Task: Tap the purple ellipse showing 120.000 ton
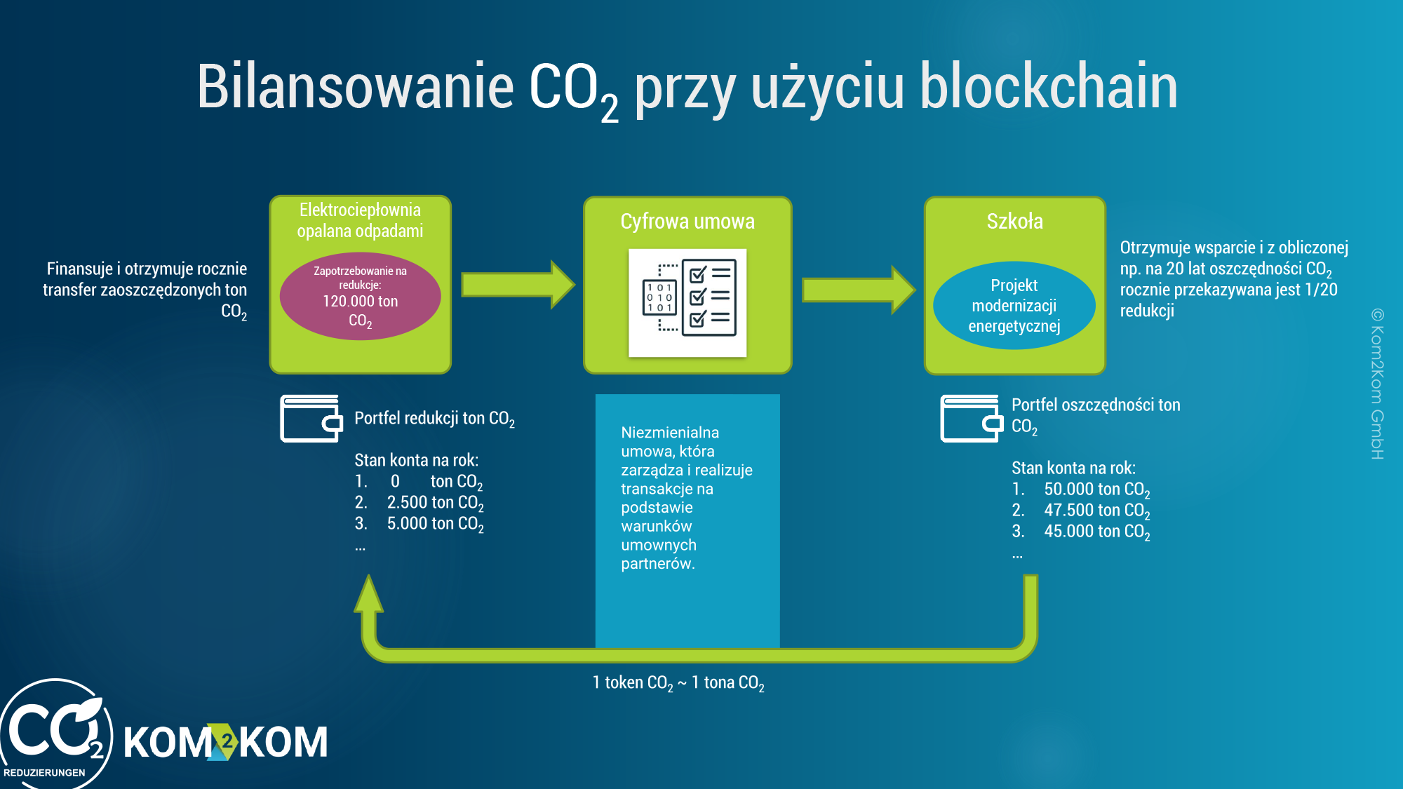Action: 360,297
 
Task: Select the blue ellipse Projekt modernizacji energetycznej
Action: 1014,306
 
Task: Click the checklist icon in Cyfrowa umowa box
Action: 687,302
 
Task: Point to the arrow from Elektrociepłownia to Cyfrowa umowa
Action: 518,285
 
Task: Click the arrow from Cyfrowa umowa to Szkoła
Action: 859,290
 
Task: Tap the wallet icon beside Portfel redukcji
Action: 311,419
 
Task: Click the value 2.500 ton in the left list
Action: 435,503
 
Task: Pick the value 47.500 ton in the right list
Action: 1097,511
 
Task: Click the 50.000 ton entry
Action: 1097,490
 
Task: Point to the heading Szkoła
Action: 1014,222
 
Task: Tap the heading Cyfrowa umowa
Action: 687,222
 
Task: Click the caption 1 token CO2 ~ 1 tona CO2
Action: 678,683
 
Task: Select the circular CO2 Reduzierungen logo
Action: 55,734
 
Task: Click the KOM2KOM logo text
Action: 226,742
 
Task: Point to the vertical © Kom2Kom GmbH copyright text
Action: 1377,384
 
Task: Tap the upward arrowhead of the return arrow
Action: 368,593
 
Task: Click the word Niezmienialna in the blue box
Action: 670,433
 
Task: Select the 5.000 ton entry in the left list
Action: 435,524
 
